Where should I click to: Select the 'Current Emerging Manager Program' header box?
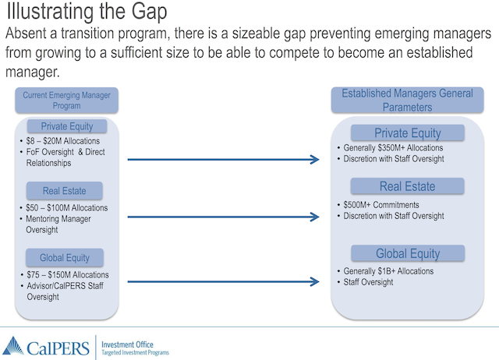tap(66, 100)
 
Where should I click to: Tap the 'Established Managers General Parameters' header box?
tap(407, 100)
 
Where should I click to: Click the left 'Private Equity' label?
tap(66, 126)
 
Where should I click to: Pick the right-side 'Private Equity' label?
tap(407, 132)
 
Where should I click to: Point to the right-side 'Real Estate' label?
tap(407, 186)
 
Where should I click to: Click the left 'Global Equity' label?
tap(66, 258)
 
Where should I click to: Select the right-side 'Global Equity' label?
tap(407, 253)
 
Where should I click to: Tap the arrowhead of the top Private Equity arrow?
tap(314, 160)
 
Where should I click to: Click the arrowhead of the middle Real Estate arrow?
tap(314, 217)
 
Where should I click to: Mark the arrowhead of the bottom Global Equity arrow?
tap(314, 282)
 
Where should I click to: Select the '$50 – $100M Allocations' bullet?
tap(65, 208)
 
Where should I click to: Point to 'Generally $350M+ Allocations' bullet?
tap(393, 148)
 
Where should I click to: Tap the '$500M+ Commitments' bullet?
tap(384, 205)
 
